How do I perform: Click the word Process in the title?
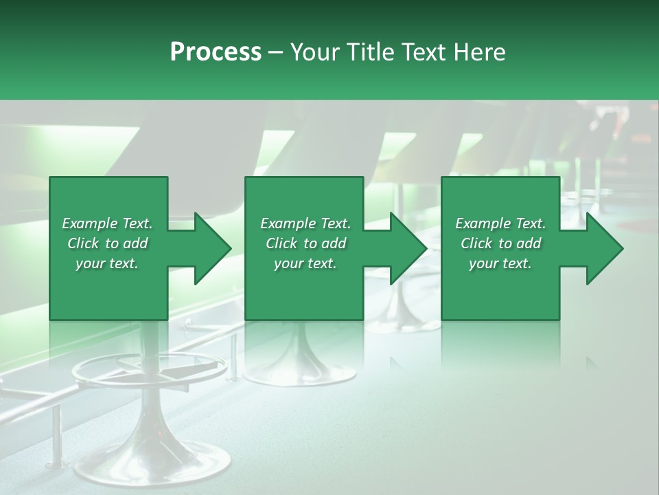(216, 52)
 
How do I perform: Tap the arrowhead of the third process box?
(603, 248)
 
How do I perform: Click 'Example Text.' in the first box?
(107, 223)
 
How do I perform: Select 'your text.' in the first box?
(107, 263)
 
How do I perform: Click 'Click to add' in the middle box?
(305, 243)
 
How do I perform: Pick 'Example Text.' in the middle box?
(305, 223)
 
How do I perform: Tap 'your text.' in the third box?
(500, 263)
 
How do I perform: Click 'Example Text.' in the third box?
(500, 223)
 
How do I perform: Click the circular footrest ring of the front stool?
(89, 375)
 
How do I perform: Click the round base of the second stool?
(300, 371)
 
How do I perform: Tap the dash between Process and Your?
(276, 52)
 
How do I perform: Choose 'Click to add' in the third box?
(500, 243)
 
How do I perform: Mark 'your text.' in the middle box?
(305, 263)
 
